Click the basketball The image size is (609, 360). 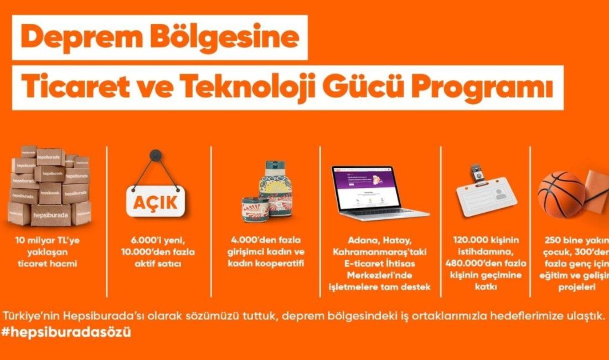(x=561, y=194)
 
